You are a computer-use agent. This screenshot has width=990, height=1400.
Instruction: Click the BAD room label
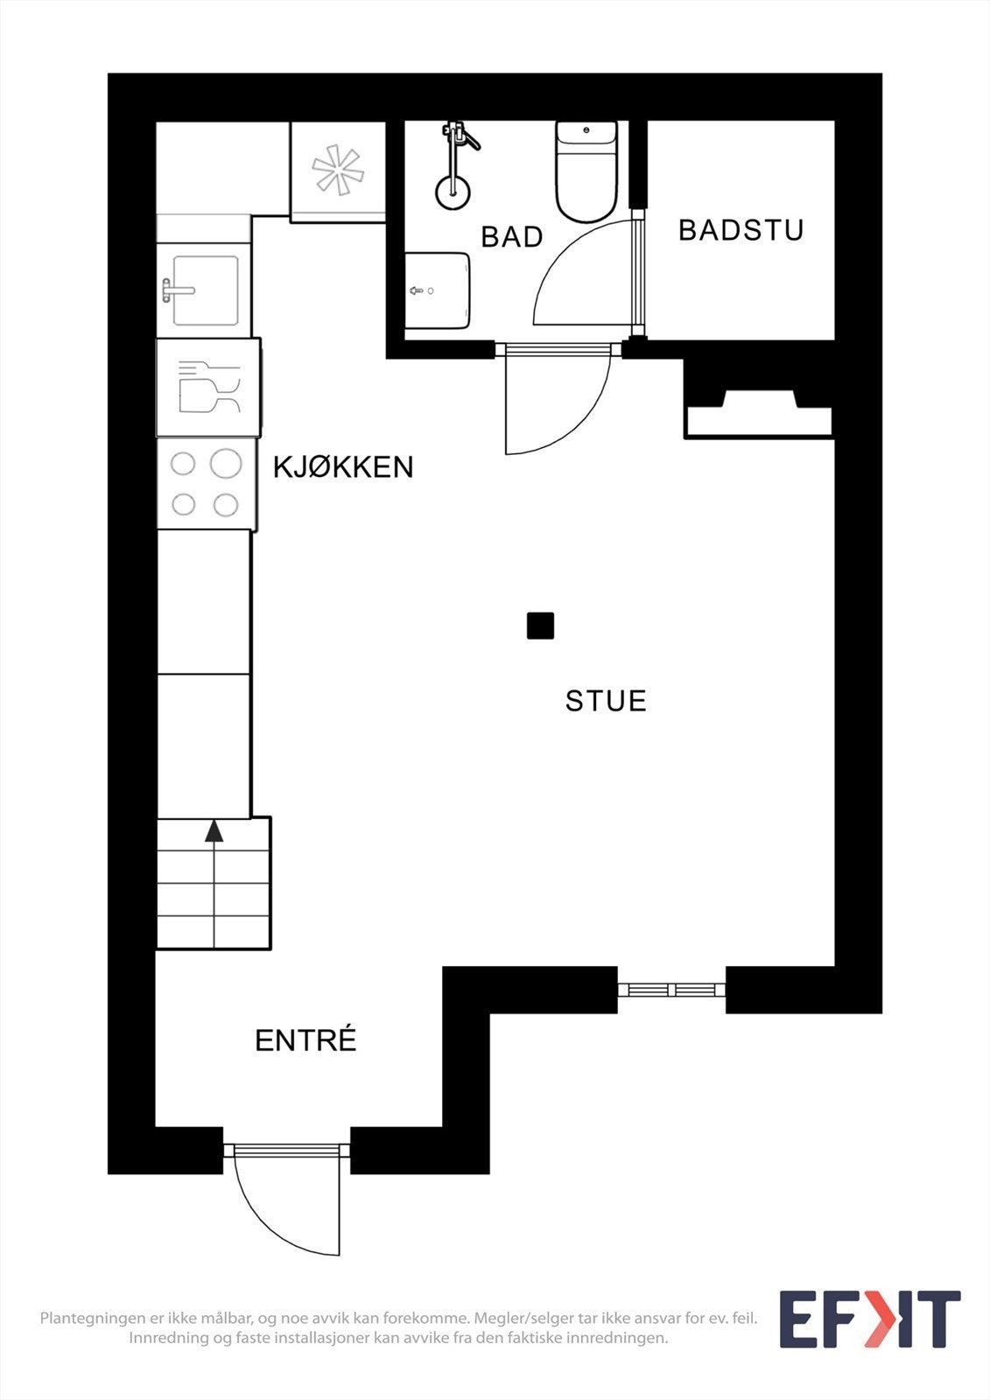512,237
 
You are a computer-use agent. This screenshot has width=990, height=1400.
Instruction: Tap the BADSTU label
741,230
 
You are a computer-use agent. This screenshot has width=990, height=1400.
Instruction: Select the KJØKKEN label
343,467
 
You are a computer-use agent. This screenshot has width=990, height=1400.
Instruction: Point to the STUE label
606,701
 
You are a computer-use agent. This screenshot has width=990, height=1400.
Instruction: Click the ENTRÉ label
305,1040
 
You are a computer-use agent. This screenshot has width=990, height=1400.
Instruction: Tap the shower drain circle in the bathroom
453,190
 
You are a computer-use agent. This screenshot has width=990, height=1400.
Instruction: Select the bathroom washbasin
438,290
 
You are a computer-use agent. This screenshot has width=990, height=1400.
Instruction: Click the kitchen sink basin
206,290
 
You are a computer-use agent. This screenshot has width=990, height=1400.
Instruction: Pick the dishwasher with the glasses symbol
208,387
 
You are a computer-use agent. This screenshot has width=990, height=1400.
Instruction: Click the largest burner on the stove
226,463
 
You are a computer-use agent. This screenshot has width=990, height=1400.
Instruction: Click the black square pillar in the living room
540,626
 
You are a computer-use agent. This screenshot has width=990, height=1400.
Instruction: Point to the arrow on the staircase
214,830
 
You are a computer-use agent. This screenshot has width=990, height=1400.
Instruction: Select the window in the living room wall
671,990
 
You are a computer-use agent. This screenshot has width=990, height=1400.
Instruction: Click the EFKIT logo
869,1319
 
